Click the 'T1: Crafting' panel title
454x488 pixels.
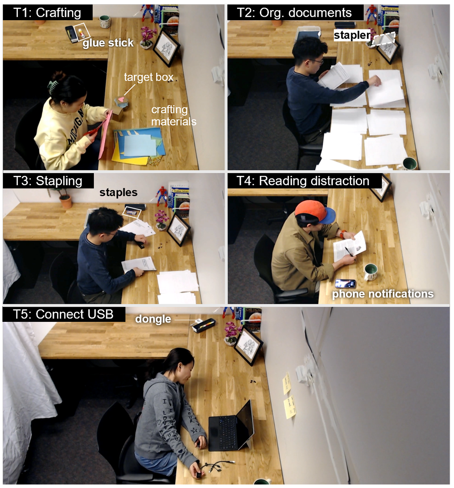coord(47,12)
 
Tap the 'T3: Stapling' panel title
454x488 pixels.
coord(48,181)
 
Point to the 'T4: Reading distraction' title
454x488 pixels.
coord(303,181)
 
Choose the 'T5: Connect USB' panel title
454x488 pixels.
coord(63,314)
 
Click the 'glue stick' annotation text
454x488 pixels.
coord(108,43)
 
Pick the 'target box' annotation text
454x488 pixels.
coord(149,77)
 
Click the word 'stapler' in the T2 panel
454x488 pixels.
coord(352,35)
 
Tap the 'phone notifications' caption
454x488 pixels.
coord(383,294)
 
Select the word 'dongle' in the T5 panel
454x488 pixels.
coord(153,319)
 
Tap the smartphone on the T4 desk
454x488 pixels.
coord(345,283)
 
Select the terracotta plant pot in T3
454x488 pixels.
coord(65,201)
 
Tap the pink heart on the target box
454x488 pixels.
coord(122,100)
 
